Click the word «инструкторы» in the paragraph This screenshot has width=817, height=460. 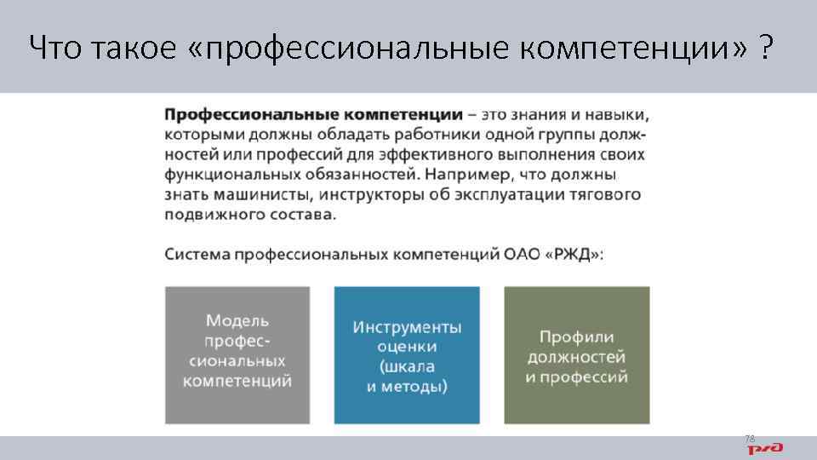pyautogui.click(x=356, y=195)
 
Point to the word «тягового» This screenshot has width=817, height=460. pyautogui.click(x=605, y=195)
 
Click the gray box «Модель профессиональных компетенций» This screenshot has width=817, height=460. pyautogui.click(x=237, y=354)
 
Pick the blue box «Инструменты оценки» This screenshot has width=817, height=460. pyautogui.click(x=407, y=354)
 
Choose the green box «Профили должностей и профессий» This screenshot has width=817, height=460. pyautogui.click(x=576, y=354)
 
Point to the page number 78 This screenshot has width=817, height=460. pyautogui.click(x=750, y=438)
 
